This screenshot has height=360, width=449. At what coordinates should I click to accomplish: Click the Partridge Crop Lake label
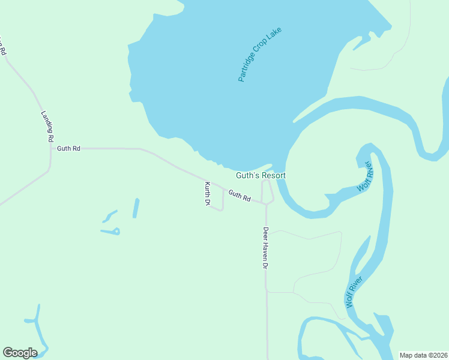tap(260, 54)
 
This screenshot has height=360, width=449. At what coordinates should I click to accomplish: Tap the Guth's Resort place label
tap(261, 175)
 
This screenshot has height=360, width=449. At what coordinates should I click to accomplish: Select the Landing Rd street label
tap(47, 126)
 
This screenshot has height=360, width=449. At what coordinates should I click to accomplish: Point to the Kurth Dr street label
tap(206, 194)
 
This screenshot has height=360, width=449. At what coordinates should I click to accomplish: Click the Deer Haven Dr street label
tap(265, 248)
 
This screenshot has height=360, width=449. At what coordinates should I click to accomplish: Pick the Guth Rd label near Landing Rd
tap(68, 148)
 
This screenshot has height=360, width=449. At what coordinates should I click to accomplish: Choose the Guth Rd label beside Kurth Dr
tap(239, 196)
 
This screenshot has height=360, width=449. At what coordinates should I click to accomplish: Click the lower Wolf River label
tap(354, 292)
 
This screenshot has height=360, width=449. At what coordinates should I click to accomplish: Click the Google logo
tap(20, 352)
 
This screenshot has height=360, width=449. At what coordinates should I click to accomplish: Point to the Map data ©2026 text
tap(424, 355)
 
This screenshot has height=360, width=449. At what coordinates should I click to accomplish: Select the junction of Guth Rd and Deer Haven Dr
tap(266, 204)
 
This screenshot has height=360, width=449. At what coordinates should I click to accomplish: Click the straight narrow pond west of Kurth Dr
tap(136, 208)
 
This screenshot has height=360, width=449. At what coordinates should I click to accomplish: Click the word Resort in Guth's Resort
tap(274, 175)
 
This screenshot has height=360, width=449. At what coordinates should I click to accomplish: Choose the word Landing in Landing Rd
tap(46, 121)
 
